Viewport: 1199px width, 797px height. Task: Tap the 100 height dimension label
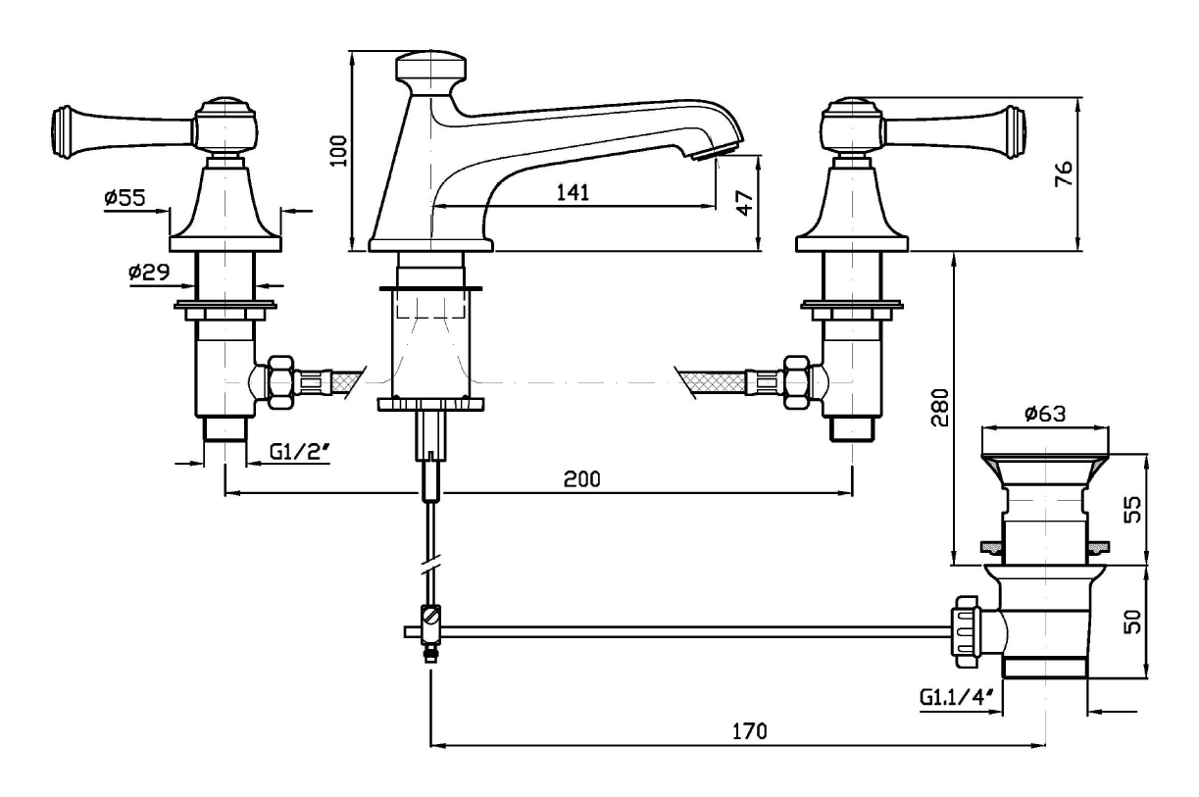coord(339,152)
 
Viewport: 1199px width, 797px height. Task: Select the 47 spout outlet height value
coord(745,203)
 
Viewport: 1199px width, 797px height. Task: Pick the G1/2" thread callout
coord(299,452)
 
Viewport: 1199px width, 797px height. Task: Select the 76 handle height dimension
coord(1064,173)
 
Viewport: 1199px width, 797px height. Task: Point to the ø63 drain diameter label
coord(1047,415)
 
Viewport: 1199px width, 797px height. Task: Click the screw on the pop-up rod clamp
coord(431,619)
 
